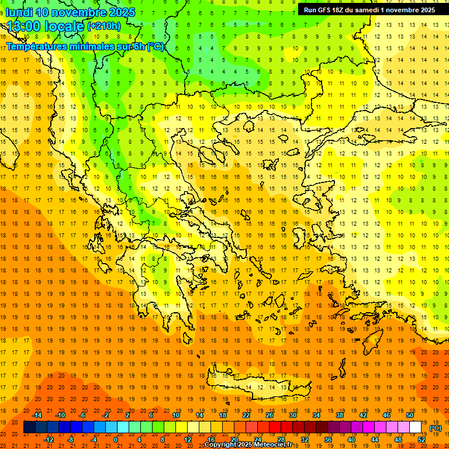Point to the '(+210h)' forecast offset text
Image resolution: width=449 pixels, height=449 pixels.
[104, 26]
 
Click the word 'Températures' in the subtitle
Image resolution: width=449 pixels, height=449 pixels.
[36, 46]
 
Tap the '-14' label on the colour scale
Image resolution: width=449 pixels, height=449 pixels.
[38, 415]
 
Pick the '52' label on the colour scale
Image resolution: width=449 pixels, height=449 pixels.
[422, 440]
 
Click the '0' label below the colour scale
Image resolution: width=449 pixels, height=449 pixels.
[115, 440]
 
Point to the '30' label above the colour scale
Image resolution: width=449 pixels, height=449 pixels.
[293, 415]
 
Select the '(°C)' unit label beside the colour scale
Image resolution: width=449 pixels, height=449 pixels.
[435, 428]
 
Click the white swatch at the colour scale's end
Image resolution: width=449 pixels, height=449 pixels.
[415, 427]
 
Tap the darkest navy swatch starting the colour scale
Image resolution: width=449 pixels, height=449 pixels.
[29, 427]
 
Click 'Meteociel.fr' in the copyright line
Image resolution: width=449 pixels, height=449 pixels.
[277, 445]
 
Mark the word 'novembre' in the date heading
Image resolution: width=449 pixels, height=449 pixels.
[77, 12]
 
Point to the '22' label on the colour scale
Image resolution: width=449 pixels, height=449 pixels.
[246, 415]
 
